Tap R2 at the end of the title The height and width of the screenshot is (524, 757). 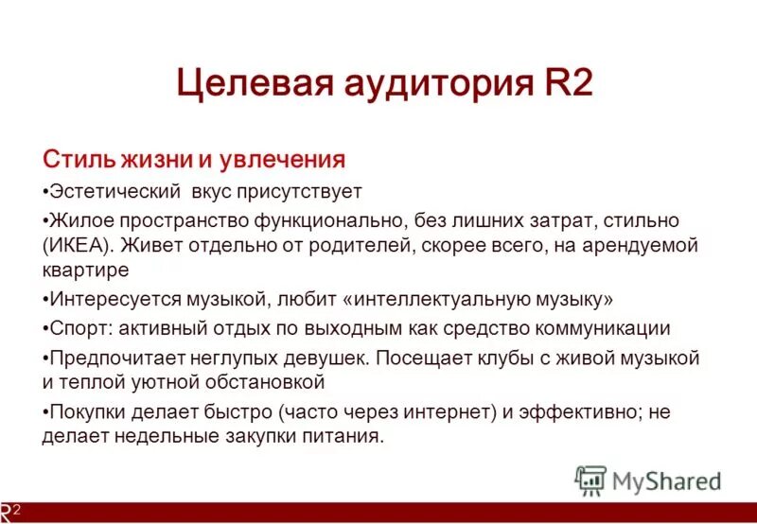(x=564, y=84)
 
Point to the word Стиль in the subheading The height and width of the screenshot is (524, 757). (x=76, y=158)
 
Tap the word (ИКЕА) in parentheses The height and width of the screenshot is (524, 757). (x=78, y=246)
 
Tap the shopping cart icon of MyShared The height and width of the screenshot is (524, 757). (x=590, y=480)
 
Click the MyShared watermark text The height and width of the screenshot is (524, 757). (x=666, y=481)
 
